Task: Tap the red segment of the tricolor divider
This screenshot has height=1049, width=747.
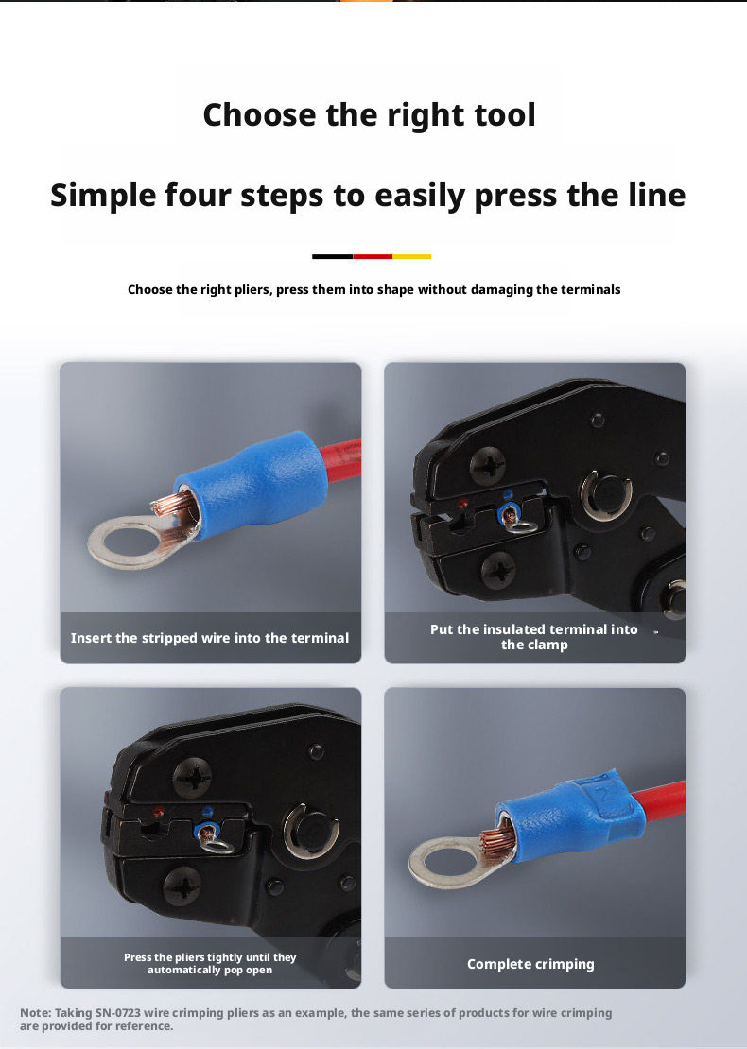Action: point(373,256)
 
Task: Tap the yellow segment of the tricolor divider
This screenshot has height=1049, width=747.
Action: point(411,256)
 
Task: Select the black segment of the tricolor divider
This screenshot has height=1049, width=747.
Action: point(333,256)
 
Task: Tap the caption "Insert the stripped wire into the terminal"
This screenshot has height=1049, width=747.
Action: point(210,638)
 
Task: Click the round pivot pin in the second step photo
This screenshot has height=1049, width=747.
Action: point(606,496)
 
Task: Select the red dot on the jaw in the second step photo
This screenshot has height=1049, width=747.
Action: point(461,503)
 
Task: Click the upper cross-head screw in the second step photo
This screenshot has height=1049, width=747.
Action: point(487,466)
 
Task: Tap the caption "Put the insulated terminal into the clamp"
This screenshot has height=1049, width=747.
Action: point(534,637)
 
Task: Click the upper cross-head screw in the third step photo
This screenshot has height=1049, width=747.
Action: point(193,778)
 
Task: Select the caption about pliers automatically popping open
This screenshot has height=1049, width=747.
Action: point(210,963)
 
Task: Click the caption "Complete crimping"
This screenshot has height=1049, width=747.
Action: point(530,964)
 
